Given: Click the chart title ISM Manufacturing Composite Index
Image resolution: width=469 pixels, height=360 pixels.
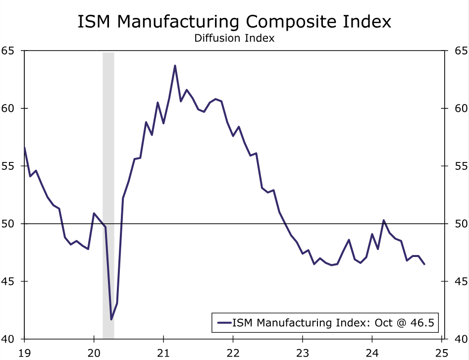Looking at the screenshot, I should click(x=234, y=21).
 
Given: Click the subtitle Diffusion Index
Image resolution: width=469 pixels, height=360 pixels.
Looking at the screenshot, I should click(x=234, y=38).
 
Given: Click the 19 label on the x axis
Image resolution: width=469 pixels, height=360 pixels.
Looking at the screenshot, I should click(x=24, y=352).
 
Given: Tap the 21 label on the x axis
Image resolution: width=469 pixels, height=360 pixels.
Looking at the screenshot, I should click(x=163, y=352).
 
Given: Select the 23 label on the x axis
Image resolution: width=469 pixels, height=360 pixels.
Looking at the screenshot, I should click(x=303, y=352).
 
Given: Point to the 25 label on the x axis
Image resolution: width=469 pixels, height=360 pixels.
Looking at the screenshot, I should click(x=441, y=352).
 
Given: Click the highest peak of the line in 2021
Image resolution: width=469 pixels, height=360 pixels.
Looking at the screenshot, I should click(x=175, y=65).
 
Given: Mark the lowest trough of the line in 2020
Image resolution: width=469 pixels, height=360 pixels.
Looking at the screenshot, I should click(x=111, y=319).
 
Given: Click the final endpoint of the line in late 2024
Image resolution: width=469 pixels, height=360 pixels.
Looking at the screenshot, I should click(x=424, y=264).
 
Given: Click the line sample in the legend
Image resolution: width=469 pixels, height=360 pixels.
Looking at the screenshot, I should click(x=225, y=323).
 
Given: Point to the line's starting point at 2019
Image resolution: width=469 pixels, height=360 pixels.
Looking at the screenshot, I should click(x=25, y=148).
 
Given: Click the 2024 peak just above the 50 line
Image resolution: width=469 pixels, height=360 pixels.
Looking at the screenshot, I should click(x=383, y=220).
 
